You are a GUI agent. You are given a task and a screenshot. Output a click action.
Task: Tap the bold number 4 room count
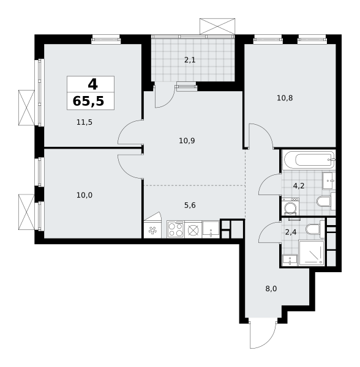pos(92,84)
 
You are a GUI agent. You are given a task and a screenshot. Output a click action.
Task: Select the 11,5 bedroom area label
pos(84,122)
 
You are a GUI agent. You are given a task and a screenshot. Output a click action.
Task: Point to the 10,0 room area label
pos(84,195)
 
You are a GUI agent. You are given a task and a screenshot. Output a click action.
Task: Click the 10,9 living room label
pos(187,141)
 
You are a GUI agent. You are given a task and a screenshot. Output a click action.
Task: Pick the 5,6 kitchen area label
pos(190,206)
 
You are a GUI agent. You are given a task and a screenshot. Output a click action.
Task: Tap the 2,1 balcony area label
pos(191,60)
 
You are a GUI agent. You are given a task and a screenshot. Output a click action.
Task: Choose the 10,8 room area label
pos(285,98)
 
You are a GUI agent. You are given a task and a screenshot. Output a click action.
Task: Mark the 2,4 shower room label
pos(291,232)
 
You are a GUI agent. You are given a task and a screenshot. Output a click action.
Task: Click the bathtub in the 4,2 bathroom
pos(308,160)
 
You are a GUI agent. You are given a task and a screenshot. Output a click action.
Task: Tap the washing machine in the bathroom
pos(291,207)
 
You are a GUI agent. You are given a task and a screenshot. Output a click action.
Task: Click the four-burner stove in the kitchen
pos(176,229)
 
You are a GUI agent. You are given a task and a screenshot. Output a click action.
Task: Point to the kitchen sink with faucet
pos(211,229)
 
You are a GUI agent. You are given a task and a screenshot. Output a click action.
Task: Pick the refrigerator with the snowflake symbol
pos(152,230)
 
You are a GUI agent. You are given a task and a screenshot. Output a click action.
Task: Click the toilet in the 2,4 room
pos(312,229)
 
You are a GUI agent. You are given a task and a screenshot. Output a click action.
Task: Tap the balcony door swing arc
pos(162,98)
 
